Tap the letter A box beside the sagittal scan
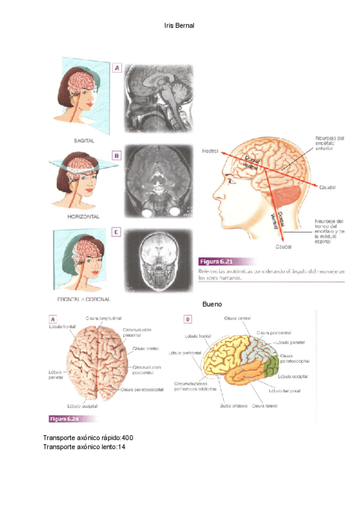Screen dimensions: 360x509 pyautogui.click(x=118, y=68)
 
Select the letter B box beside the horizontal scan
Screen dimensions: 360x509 pyautogui.click(x=116, y=155)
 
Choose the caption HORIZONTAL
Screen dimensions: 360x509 pyautogui.click(x=84, y=216)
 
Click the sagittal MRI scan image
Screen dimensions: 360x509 pyautogui.click(x=158, y=98)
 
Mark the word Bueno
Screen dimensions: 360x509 pyautogui.click(x=212, y=304)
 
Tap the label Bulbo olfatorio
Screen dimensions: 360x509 pyautogui.click(x=235, y=406)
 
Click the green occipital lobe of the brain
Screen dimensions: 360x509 pyautogui.click(x=272, y=366)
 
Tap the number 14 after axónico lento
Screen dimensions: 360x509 pyautogui.click(x=121, y=447)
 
